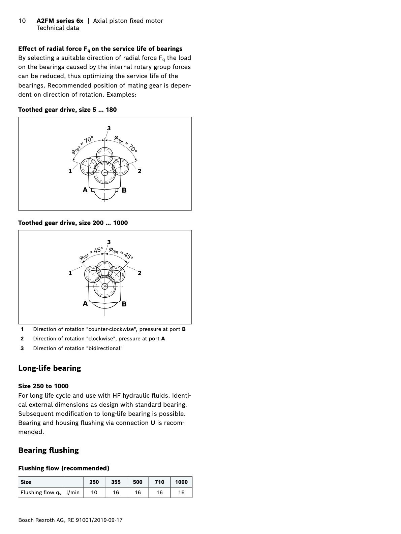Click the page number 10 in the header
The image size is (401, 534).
coord(22,21)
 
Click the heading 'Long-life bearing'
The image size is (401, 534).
coord(50,368)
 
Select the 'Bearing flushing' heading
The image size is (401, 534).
coord(49,450)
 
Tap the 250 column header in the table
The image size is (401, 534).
coord(94,482)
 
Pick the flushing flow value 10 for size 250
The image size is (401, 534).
coord(94,492)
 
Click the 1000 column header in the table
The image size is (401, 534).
coord(181,482)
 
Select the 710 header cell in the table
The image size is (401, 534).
coord(159,482)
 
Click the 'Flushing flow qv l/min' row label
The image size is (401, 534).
coord(50,492)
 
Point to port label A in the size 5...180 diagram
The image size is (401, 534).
coord(85,190)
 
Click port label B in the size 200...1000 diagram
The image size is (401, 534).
coord(124,304)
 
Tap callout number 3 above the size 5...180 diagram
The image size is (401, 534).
coord(109,128)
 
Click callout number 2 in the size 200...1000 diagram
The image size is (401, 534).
coord(140,273)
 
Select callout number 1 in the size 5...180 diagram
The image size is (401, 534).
coord(70,171)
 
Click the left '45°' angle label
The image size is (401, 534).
coord(98,251)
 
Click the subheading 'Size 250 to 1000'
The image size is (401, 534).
coord(43,386)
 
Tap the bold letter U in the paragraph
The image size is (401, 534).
coord(153,423)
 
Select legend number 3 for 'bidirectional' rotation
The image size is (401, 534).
coord(22,348)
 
